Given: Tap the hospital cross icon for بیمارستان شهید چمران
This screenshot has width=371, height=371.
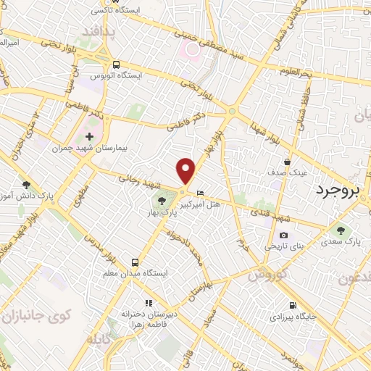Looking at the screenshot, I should coord(89,136).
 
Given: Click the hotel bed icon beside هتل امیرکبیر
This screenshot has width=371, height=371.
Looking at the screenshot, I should coord(201,192).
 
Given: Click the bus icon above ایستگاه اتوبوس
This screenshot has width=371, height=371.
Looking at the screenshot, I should coord(116,64).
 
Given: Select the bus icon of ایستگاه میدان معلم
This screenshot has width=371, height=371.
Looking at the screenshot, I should coord(135,262).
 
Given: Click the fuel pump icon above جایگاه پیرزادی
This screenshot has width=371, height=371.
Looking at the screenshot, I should coord(292,305).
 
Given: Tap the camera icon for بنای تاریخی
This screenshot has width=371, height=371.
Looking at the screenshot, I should coord(283,235).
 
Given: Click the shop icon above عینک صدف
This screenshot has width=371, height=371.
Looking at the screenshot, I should coord(288,162).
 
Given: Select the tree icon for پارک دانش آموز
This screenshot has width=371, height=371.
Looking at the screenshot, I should coord(27,185).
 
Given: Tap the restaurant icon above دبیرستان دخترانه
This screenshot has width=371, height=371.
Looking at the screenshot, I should coord(149,303).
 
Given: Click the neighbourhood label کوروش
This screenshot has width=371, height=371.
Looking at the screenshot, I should coord(267,276).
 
